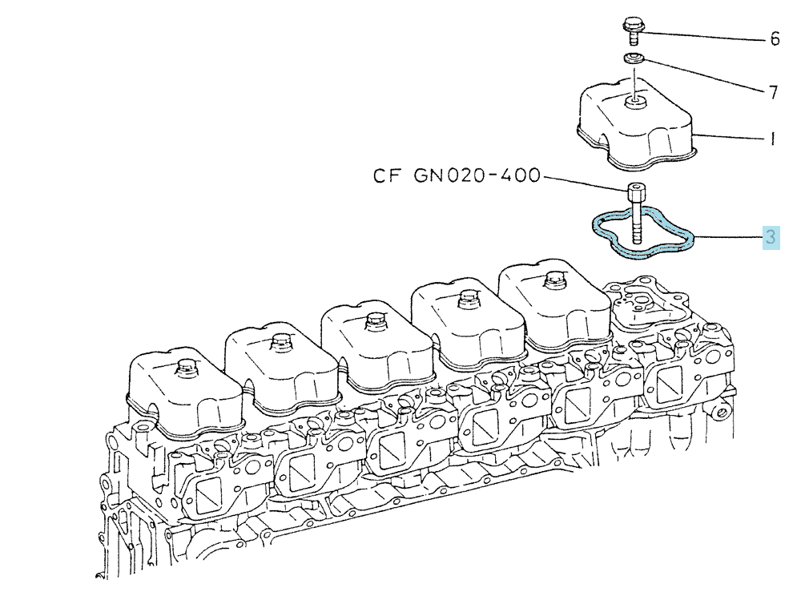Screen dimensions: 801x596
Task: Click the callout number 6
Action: (x=775, y=38)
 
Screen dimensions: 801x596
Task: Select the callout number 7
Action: (x=774, y=92)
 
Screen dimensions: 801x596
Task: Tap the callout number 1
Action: (x=773, y=139)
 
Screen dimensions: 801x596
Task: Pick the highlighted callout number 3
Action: (x=771, y=237)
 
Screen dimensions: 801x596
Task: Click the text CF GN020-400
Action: (x=457, y=175)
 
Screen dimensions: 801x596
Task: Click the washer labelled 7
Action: (x=634, y=58)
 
